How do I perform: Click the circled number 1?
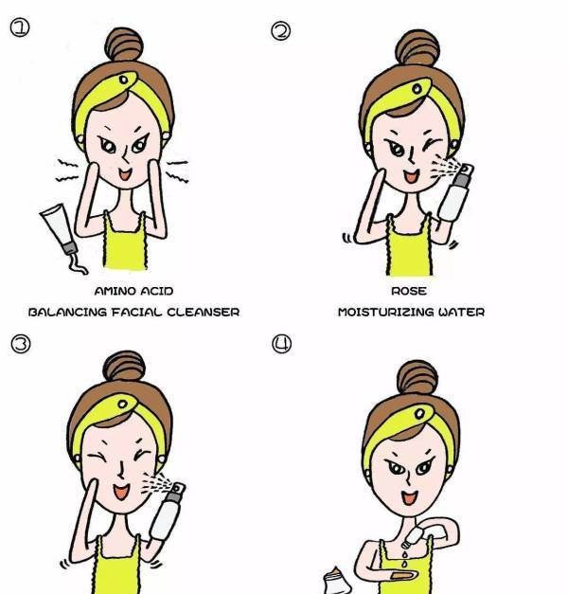(19, 27)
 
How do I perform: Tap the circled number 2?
(280, 30)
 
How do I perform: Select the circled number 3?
(21, 344)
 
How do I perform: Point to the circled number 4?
(282, 344)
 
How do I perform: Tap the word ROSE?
(409, 291)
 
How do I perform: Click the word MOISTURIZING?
(385, 312)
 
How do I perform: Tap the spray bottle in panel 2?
(455, 192)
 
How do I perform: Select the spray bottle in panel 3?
(168, 511)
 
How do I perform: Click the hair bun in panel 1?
(124, 44)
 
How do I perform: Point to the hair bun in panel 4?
(417, 378)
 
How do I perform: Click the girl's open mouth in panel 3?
(121, 492)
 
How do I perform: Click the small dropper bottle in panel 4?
(412, 537)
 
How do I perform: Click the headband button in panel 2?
(417, 89)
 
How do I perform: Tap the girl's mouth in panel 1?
(125, 174)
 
